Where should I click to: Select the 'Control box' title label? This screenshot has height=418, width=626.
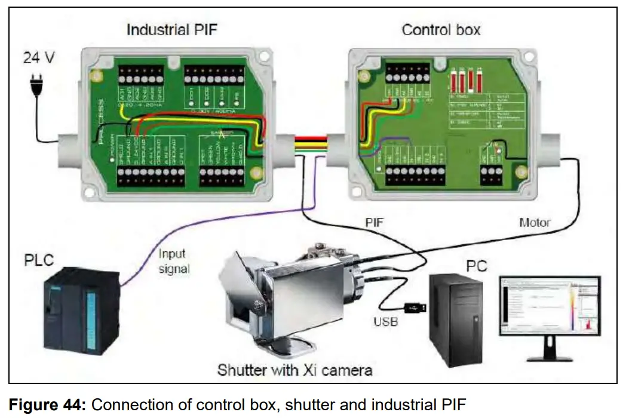coord(441,29)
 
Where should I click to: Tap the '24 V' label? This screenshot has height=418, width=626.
coord(39,58)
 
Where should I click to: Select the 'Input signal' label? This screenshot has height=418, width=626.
coord(174,261)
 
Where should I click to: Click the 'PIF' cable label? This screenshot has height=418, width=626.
coord(375,222)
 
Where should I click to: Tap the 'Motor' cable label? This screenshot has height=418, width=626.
coord(533,222)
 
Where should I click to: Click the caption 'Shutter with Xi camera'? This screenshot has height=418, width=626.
coord(295,370)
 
